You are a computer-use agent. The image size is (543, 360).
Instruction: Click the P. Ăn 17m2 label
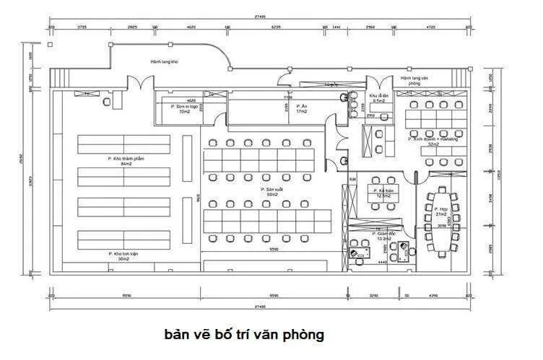[x=301, y=108]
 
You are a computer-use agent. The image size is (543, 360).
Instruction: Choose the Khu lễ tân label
[x=379, y=98]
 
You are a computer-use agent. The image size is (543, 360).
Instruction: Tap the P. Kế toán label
[x=382, y=192]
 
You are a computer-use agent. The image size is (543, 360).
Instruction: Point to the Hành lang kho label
[x=164, y=62]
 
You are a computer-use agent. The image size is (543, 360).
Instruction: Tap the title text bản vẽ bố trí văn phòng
[x=244, y=335]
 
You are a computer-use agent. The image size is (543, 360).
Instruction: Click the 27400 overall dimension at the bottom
[x=260, y=307]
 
